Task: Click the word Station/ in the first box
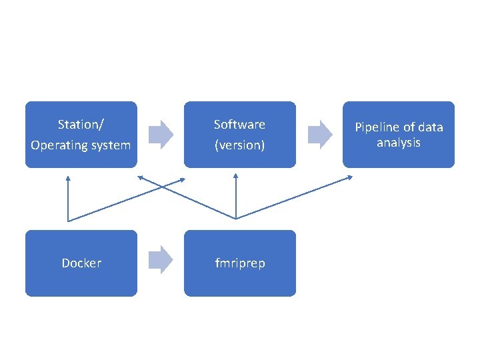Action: [81, 125]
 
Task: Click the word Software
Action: [239, 125]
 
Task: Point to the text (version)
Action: [239, 145]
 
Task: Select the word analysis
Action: [398, 143]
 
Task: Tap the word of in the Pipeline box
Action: [409, 127]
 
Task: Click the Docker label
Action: [81, 263]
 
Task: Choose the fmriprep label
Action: [239, 263]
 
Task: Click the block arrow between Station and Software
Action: [160, 134]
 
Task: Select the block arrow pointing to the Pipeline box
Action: [319, 134]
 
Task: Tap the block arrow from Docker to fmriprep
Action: [160, 259]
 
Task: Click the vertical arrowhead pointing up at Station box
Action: [68, 177]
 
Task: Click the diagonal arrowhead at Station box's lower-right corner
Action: [141, 178]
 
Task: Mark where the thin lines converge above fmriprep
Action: [237, 218]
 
